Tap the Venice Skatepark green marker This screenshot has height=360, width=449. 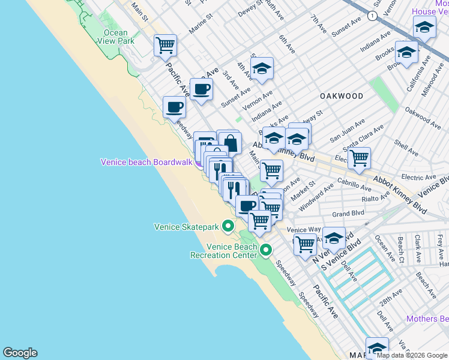[x=228, y=226]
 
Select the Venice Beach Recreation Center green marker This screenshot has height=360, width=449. [x=265, y=250]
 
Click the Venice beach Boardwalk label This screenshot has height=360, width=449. [x=146, y=162]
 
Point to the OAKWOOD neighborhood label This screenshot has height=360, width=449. [x=342, y=96]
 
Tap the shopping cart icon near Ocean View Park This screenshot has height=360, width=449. [x=165, y=45]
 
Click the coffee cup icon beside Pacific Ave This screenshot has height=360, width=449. [x=201, y=89]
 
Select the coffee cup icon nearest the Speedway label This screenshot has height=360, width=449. [x=175, y=107]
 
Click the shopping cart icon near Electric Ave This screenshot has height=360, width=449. [x=359, y=158]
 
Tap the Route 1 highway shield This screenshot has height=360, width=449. [x=373, y=16]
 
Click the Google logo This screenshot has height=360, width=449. [x=20, y=353]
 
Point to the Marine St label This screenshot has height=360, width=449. [x=202, y=28]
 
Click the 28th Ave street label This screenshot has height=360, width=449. [x=390, y=298]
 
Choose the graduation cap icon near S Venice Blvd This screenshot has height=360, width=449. [x=334, y=238]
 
